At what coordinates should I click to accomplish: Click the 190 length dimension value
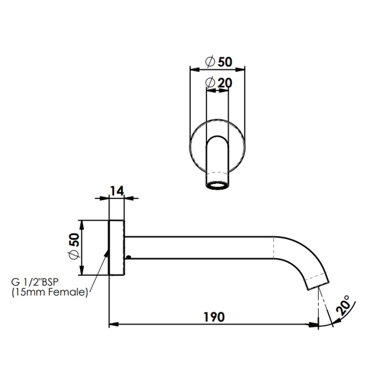click(214, 317)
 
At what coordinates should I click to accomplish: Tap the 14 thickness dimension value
click(117, 191)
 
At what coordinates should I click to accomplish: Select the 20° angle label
click(343, 305)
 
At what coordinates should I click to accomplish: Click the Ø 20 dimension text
click(219, 83)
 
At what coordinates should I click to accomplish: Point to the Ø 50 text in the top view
click(219, 62)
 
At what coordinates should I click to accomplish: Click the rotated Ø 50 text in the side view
click(75, 246)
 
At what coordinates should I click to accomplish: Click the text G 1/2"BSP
click(35, 282)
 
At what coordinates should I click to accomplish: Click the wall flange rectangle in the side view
click(117, 248)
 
